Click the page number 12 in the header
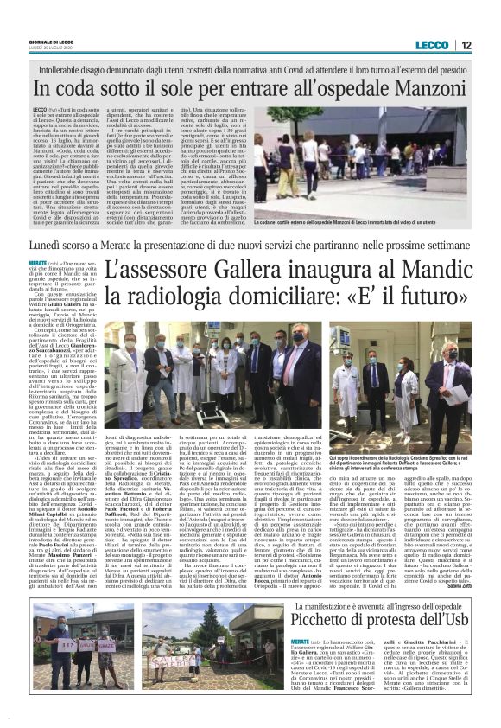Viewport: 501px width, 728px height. (465, 45)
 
